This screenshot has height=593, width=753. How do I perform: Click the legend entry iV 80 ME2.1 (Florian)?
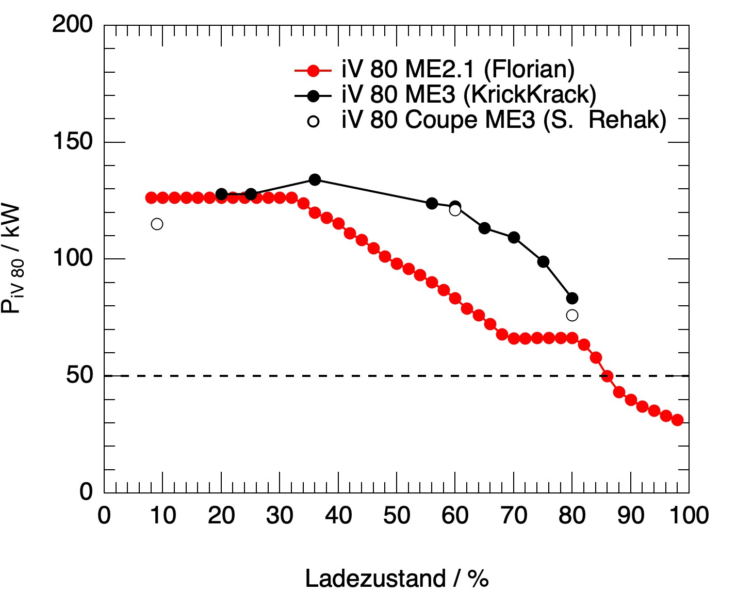click(457, 70)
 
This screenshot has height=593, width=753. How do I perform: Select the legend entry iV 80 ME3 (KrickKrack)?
click(468, 95)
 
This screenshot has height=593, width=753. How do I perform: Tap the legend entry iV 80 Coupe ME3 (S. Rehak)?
click(503, 120)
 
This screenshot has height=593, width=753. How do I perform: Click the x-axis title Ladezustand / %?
click(397, 579)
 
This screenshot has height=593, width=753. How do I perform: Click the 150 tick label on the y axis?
click(73, 141)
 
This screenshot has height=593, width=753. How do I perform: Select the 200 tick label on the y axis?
click(73, 24)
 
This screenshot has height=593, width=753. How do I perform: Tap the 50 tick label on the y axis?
click(79, 375)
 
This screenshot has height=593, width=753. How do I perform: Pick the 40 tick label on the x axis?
click(338, 515)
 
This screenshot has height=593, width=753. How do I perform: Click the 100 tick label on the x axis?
click(689, 515)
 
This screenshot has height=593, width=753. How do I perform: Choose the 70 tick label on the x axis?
click(514, 515)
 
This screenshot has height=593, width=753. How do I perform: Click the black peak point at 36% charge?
click(315, 179)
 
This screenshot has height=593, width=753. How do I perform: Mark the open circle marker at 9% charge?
click(157, 224)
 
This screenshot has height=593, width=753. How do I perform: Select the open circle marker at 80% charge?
click(572, 315)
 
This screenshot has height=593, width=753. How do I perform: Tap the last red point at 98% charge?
click(677, 420)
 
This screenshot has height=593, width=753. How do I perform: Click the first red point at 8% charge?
click(151, 197)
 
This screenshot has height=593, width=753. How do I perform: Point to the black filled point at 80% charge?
click(572, 298)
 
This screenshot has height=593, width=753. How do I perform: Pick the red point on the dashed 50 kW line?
click(608, 376)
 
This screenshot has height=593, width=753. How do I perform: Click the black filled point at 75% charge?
click(543, 261)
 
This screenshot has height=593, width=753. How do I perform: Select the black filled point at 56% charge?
click(432, 203)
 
